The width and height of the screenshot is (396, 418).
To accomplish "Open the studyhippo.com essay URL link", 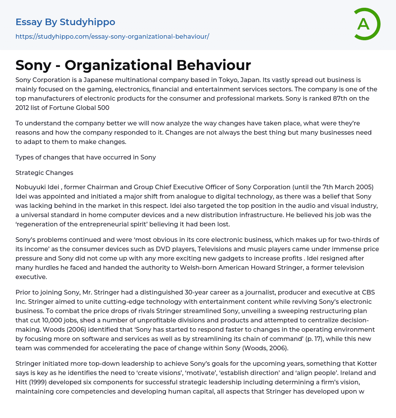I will coord(112,36).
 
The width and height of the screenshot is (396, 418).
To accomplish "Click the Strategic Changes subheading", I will coord(44,173).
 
